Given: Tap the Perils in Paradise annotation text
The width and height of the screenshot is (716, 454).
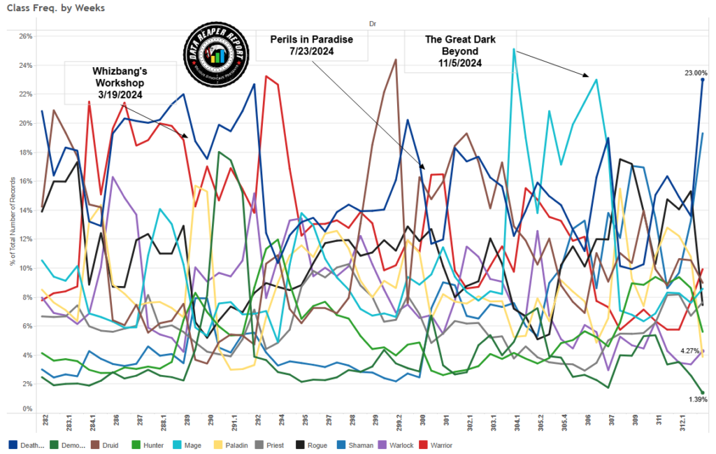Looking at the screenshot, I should click(311, 45).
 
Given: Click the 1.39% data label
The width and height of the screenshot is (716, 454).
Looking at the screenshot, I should click(697, 399).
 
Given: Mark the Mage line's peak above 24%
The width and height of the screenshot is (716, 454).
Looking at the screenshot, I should click(514, 50).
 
